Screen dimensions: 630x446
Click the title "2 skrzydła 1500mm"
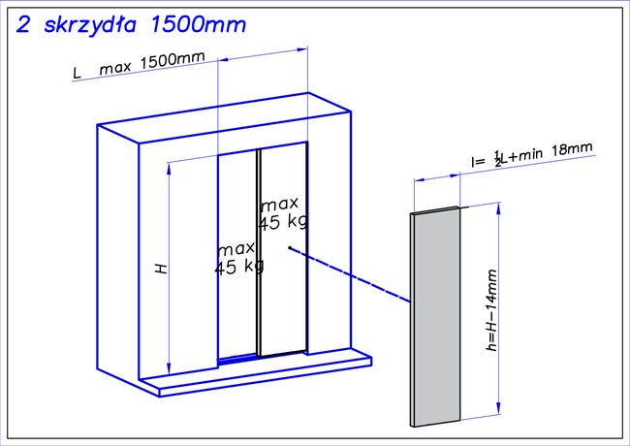(131, 25)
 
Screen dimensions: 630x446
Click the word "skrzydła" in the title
(90, 26)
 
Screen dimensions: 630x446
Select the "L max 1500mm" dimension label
(139, 65)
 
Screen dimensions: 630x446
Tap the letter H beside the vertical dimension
(161, 269)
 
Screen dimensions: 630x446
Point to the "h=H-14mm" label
(491, 310)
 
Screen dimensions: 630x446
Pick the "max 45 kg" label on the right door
(282, 213)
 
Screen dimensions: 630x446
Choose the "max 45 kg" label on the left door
(238, 259)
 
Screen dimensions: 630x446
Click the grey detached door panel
(435, 317)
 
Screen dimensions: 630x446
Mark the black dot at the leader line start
(289, 247)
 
